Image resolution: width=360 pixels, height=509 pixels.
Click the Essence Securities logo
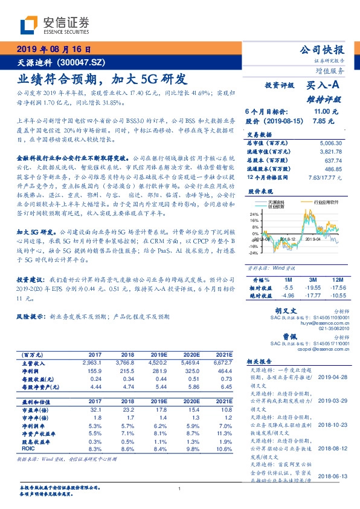coord(54,25)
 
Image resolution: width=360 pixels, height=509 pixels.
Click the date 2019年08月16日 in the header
coord(54,50)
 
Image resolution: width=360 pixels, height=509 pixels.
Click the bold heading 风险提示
coord(30,316)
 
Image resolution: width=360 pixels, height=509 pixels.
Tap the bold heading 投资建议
coord(30,280)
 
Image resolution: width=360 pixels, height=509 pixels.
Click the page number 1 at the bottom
coord(179,488)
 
